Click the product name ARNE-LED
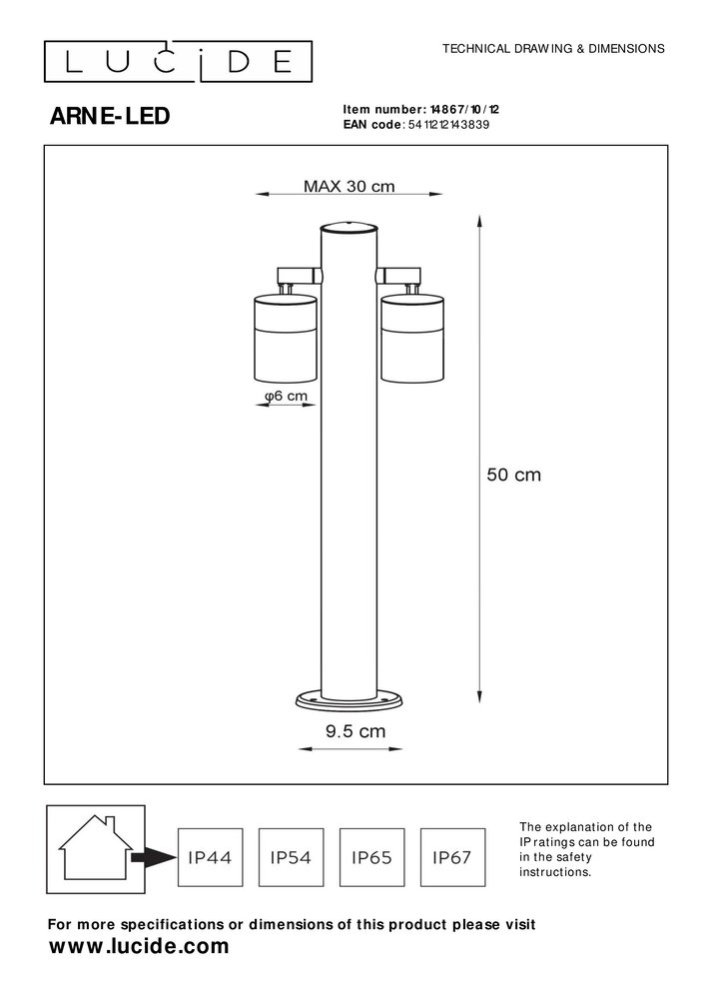(110, 117)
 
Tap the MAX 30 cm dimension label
(349, 186)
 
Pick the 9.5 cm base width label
(355, 731)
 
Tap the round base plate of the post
(350, 698)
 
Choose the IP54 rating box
(291, 857)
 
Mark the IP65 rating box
(371, 857)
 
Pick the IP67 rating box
(451, 857)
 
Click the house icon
(92, 847)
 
